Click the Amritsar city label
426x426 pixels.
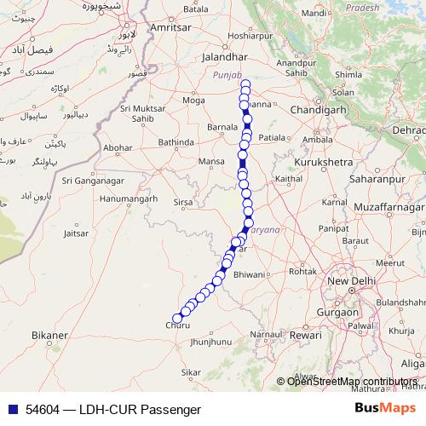pyautogui.click(x=167, y=27)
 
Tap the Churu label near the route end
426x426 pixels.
pyautogui.click(x=179, y=325)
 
